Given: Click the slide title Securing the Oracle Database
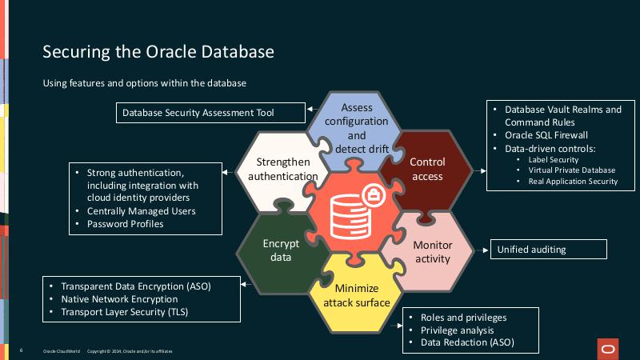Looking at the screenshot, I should click(158, 52).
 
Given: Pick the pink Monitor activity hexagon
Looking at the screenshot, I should click(432, 251).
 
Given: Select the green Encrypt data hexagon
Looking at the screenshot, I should click(280, 251).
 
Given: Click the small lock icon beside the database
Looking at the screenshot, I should click(373, 194).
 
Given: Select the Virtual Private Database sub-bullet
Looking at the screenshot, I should click(571, 170).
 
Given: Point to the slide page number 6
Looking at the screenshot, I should click(21, 351).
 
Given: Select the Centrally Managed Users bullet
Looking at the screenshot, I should click(141, 210).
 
